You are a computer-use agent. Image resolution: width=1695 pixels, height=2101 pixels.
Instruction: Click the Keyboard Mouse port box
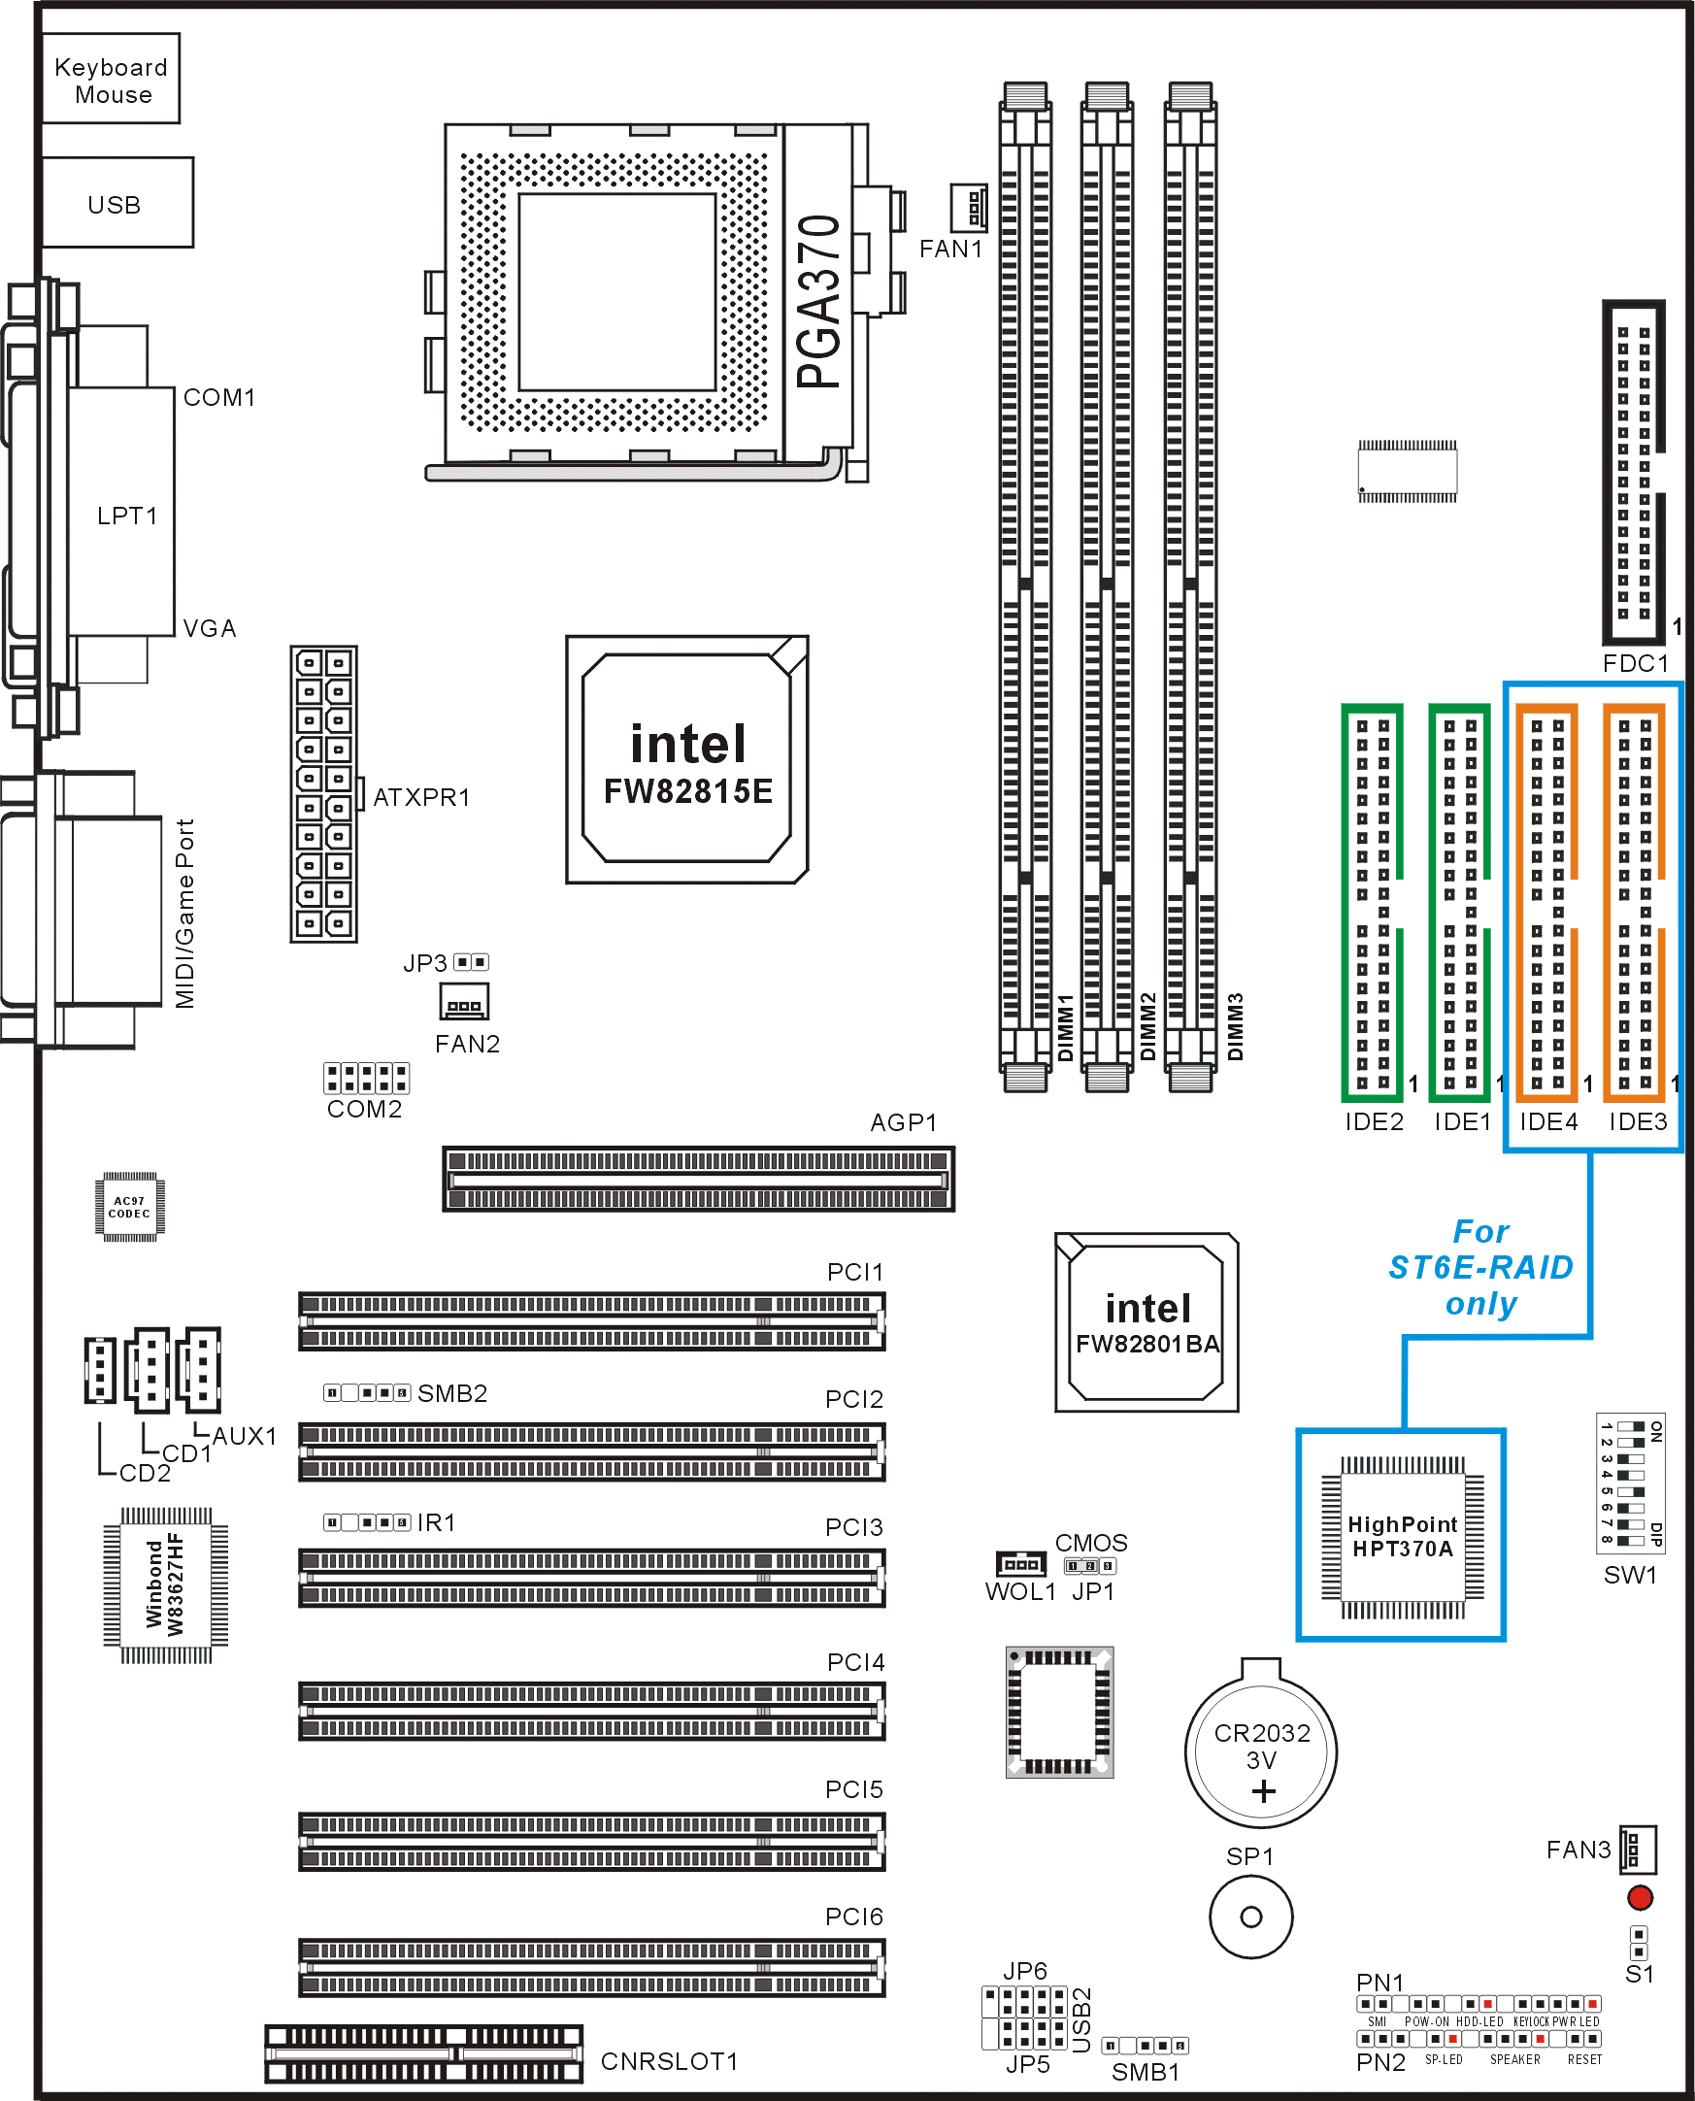[x=112, y=78]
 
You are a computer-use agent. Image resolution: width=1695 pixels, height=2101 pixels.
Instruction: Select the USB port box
[x=118, y=202]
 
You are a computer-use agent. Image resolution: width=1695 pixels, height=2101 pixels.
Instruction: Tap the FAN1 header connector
[x=969, y=208]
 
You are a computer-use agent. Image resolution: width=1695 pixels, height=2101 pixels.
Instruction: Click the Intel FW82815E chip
[x=687, y=759]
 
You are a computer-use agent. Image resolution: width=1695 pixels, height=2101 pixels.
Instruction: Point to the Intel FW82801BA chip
[x=1147, y=1322]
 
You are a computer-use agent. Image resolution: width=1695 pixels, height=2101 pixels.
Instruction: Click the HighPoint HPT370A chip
[x=1402, y=1535]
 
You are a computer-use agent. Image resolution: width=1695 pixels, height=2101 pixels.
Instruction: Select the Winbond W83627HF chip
[x=166, y=1584]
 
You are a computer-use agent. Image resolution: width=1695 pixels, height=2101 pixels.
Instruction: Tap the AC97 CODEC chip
[x=130, y=1207]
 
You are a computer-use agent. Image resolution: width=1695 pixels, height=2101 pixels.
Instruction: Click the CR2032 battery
[x=1260, y=1753]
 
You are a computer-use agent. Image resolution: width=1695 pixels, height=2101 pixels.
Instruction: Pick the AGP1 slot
[x=698, y=1180]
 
